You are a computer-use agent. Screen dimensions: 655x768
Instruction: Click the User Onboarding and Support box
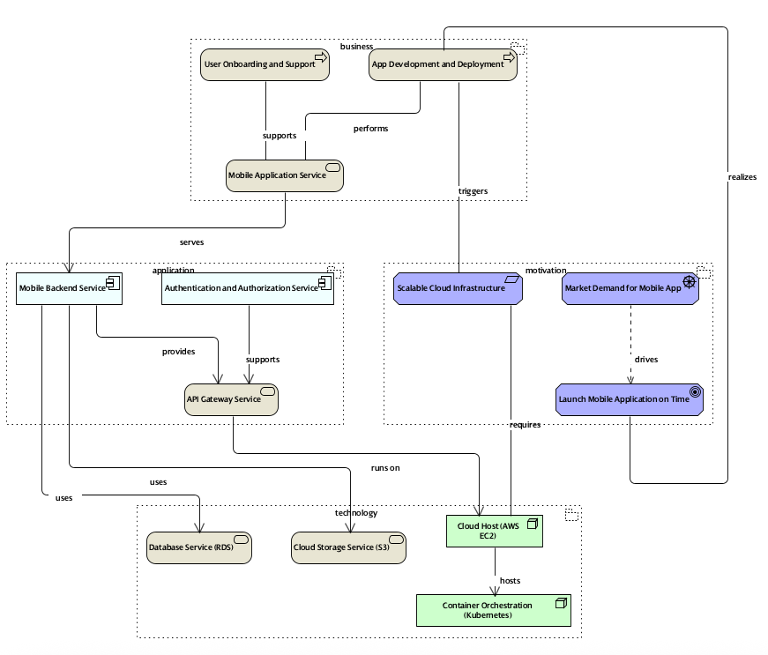pyautogui.click(x=265, y=64)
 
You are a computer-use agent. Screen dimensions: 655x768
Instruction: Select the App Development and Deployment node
pyautogui.click(x=443, y=64)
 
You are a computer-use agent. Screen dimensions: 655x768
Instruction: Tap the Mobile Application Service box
pyautogui.click(x=284, y=175)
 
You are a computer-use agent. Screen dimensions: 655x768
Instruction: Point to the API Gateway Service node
pyautogui.click(x=231, y=399)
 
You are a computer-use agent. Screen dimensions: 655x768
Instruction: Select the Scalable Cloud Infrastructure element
pyautogui.click(x=458, y=288)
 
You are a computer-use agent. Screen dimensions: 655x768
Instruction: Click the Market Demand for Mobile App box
pyautogui.click(x=630, y=288)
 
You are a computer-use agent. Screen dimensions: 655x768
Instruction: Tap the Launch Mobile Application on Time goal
pyautogui.click(x=630, y=399)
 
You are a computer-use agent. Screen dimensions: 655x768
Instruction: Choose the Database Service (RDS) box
pyautogui.click(x=198, y=547)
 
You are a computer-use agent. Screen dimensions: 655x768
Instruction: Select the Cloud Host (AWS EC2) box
pyautogui.click(x=494, y=531)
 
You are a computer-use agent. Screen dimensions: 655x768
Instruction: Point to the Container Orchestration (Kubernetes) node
pyautogui.click(x=493, y=610)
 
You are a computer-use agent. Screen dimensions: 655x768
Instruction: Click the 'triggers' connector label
pyautogui.click(x=473, y=190)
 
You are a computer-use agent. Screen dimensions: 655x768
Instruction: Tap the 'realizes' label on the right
pyautogui.click(x=742, y=177)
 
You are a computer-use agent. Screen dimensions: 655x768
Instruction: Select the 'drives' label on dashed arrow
pyautogui.click(x=646, y=359)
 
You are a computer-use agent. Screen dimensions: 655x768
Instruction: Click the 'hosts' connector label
pyautogui.click(x=510, y=581)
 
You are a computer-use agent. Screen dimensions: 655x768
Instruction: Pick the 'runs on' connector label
pyautogui.click(x=385, y=468)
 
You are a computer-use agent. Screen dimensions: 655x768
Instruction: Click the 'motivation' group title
pyautogui.click(x=546, y=270)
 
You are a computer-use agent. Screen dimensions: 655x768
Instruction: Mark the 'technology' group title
pyautogui.click(x=356, y=513)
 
